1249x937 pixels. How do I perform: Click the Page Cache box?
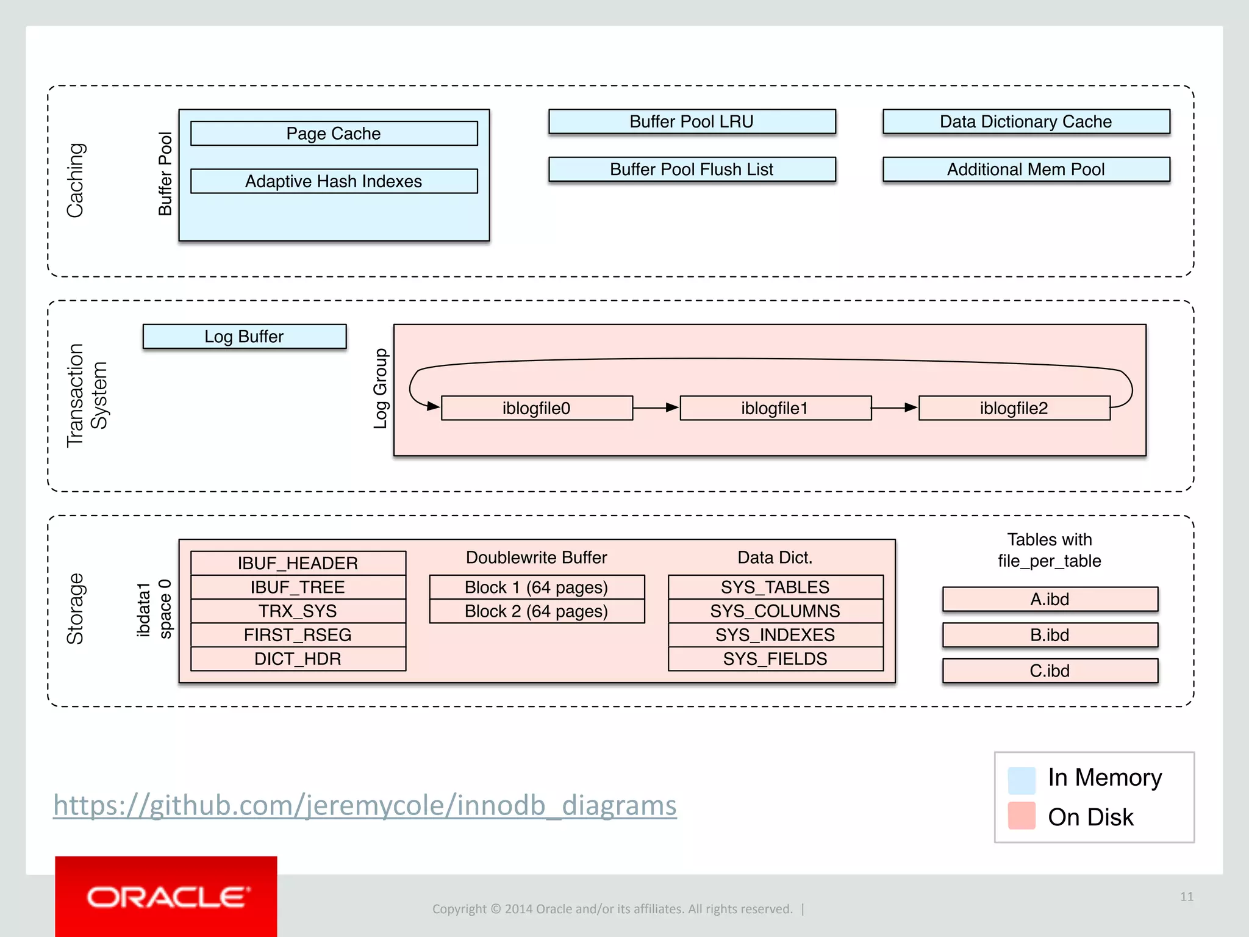pos(334,133)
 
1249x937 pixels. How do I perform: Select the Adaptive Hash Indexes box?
pos(334,181)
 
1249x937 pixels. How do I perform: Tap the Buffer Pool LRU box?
pos(692,121)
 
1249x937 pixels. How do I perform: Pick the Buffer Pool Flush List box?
pos(692,169)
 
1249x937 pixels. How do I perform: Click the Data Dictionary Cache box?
pos(1026,121)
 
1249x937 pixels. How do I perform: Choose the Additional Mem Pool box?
pos(1026,169)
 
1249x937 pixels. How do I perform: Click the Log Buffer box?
pos(244,336)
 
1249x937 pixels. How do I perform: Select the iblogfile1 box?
pos(775,408)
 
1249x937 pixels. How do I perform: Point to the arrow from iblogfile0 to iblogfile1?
pos(656,407)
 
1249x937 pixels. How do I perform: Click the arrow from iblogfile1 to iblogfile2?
pos(895,407)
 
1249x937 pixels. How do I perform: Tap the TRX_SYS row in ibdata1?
pos(298,611)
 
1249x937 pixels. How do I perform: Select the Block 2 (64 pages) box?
pos(537,611)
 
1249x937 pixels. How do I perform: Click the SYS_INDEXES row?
pos(775,634)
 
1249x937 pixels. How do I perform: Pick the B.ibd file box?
pos(1050,634)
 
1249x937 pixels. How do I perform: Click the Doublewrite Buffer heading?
pos(537,557)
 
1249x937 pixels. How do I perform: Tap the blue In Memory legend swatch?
pos(1022,780)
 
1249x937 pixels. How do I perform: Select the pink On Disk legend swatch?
pos(1022,816)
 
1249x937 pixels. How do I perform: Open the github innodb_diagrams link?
pos(365,805)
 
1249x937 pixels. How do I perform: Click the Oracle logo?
pos(166,897)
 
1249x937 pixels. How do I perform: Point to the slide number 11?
pos(1186,896)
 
